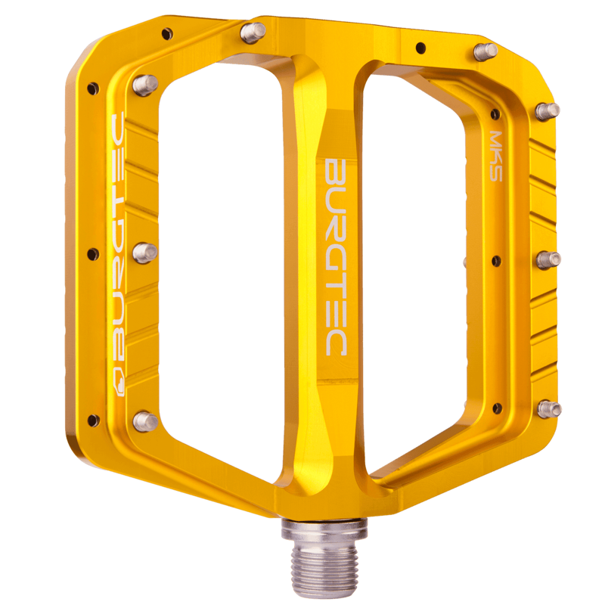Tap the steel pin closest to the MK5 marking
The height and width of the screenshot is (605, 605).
548,110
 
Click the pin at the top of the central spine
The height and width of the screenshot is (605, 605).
253,32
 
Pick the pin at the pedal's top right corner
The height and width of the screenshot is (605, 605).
485,51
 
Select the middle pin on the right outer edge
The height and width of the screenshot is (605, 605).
549,259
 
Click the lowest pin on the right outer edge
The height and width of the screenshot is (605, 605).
549,409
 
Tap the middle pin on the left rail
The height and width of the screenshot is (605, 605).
144,252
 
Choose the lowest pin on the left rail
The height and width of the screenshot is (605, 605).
145,420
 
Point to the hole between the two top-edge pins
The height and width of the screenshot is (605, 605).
420,47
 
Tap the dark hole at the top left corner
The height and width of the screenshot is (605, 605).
166,33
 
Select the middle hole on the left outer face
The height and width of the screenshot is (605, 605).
93,255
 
